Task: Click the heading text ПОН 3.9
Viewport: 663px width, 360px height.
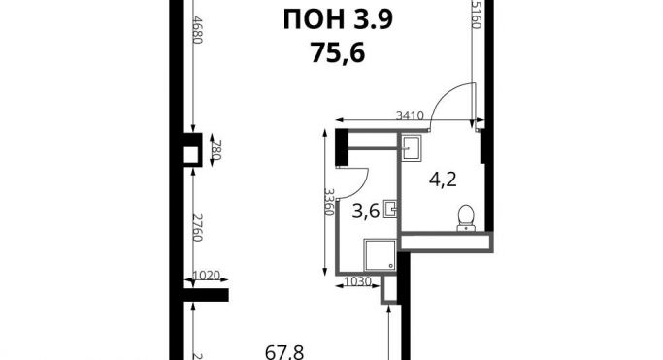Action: click(338, 19)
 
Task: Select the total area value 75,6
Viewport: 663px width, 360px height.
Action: click(338, 53)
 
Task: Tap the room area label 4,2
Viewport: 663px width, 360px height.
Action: click(443, 180)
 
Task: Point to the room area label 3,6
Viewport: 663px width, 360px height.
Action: click(366, 211)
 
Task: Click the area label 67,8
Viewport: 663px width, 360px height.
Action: click(284, 353)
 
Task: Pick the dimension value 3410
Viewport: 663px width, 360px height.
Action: click(410, 115)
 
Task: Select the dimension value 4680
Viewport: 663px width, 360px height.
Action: click(198, 30)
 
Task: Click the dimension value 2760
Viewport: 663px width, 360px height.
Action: click(198, 227)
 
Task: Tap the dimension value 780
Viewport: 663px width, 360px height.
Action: click(216, 150)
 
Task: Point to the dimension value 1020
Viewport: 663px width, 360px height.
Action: click(207, 276)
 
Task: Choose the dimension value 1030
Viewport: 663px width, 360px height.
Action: click(357, 281)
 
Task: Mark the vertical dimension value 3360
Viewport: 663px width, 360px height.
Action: click(329, 202)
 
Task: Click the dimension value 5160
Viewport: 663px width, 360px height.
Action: click(477, 15)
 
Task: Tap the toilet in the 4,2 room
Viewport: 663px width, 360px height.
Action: click(466, 218)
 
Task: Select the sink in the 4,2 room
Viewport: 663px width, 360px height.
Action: click(411, 147)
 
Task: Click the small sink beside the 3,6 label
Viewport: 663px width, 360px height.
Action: click(390, 210)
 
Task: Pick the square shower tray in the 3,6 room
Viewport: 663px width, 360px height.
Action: click(381, 255)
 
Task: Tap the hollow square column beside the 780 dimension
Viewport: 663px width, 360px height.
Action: click(192, 150)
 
